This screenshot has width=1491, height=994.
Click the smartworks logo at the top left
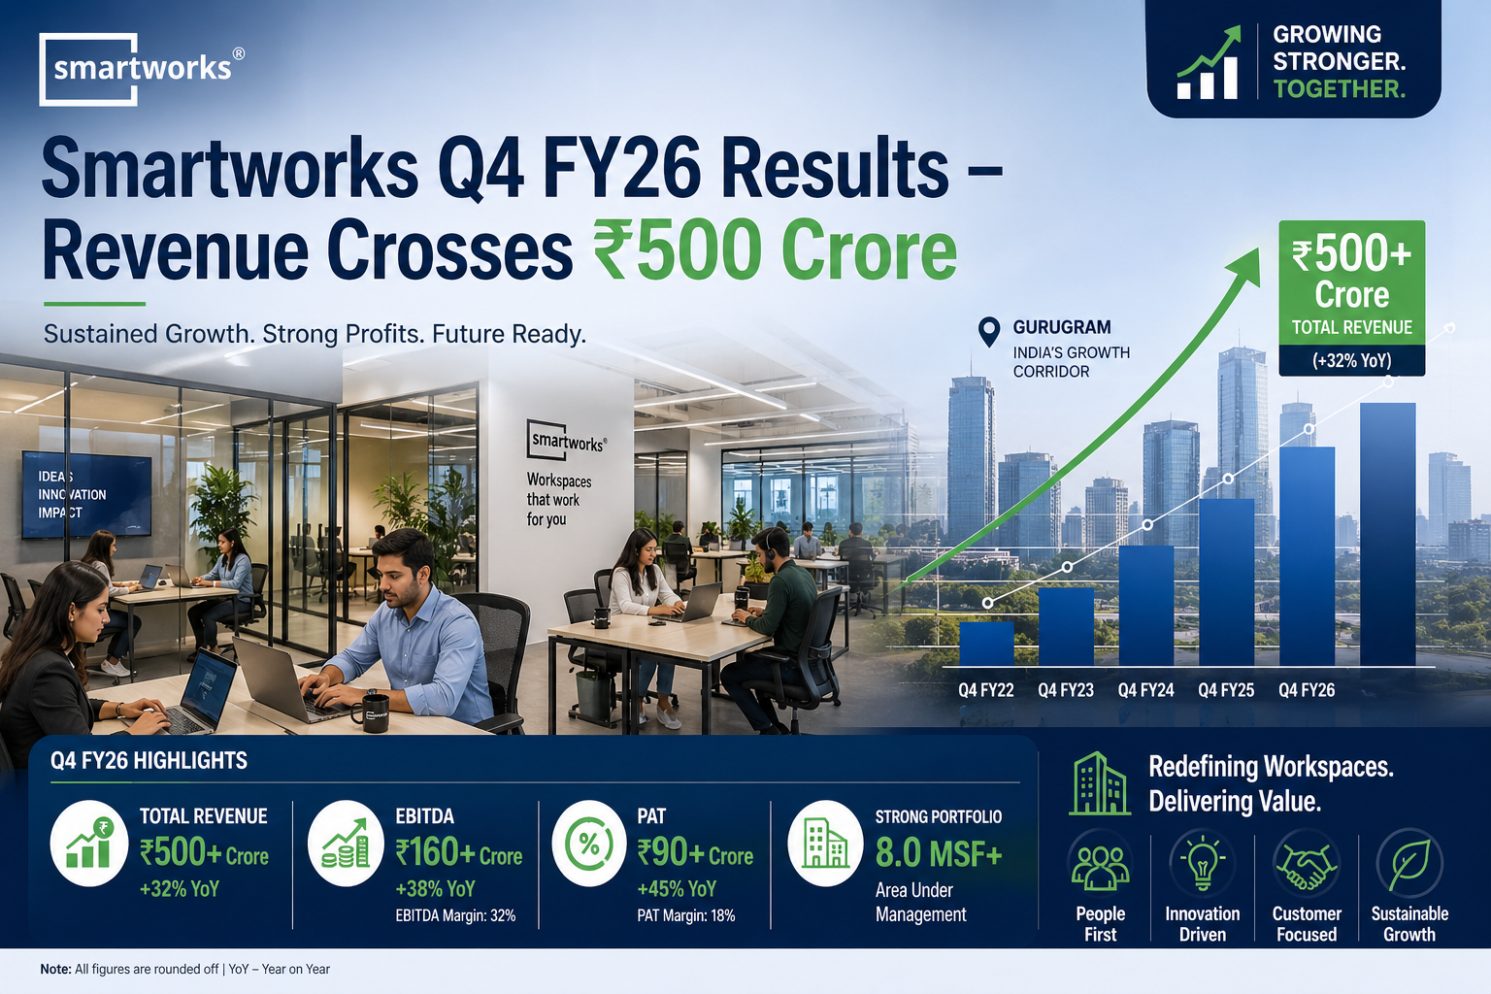tap(141, 69)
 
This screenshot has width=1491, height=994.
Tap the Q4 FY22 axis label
tap(986, 690)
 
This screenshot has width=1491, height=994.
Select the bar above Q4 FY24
tap(1146, 605)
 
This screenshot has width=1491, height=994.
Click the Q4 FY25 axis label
tap(1226, 690)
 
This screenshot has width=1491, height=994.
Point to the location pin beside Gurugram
tap(989, 332)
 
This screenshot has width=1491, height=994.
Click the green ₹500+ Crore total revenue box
tap(1352, 282)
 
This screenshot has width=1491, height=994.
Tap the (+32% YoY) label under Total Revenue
tap(1352, 360)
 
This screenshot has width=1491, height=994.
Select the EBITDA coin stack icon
tap(346, 844)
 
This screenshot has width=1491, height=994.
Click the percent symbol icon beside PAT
tap(589, 844)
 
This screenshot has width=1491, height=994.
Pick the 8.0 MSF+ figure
tap(939, 853)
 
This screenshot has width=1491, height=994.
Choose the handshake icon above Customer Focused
tap(1306, 866)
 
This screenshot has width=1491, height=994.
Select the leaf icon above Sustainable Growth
tap(1409, 864)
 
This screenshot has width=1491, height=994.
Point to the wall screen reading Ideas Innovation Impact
tap(86, 495)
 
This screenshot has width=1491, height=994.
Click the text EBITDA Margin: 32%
tap(455, 915)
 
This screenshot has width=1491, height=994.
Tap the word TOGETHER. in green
tap(1340, 88)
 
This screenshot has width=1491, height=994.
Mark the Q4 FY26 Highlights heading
tap(149, 760)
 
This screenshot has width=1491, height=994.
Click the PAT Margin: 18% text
tap(685, 915)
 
